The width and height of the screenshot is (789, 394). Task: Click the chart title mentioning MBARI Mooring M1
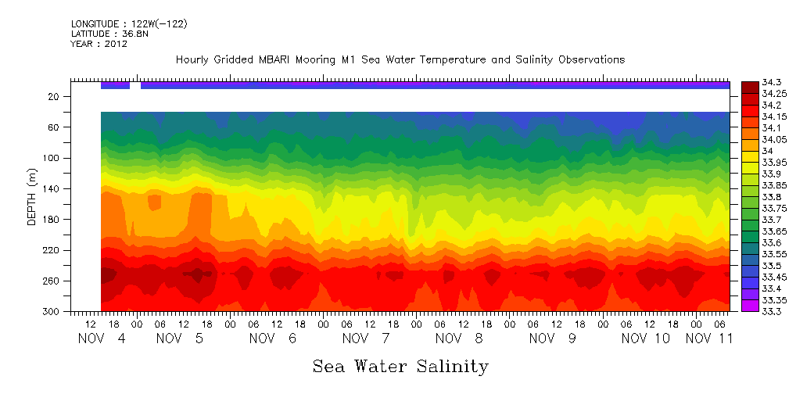tap(400, 60)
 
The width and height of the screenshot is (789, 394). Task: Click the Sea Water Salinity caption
tap(400, 367)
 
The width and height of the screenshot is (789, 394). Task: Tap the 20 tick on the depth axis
tap(54, 96)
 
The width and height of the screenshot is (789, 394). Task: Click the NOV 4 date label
tap(100, 338)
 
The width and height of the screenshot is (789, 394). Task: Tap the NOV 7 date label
tap(360, 338)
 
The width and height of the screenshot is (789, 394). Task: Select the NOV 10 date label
tap(646, 338)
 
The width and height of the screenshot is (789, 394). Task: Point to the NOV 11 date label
tap(709, 338)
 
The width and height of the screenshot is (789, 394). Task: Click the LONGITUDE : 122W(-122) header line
tap(129, 24)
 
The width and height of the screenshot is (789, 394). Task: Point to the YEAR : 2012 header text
tap(99, 45)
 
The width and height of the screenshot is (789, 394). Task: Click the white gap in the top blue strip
tap(135, 85)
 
